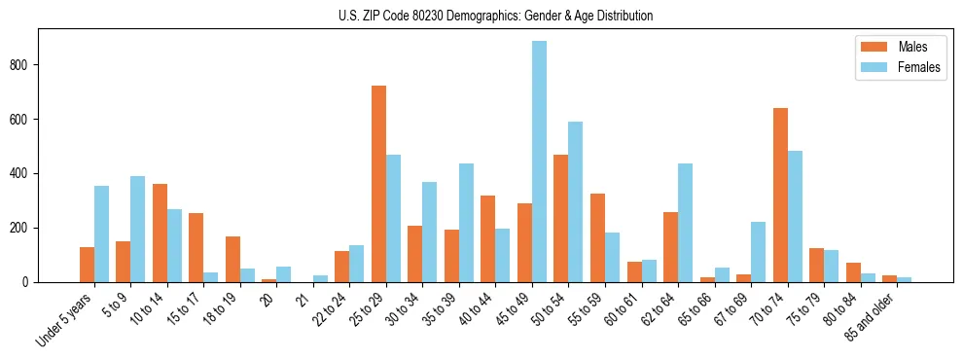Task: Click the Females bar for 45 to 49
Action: click(x=539, y=162)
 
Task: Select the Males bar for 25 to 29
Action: click(x=378, y=184)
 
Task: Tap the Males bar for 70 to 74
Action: click(x=780, y=195)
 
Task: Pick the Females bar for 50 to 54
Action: click(x=576, y=201)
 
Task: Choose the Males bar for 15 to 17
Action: click(x=196, y=247)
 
